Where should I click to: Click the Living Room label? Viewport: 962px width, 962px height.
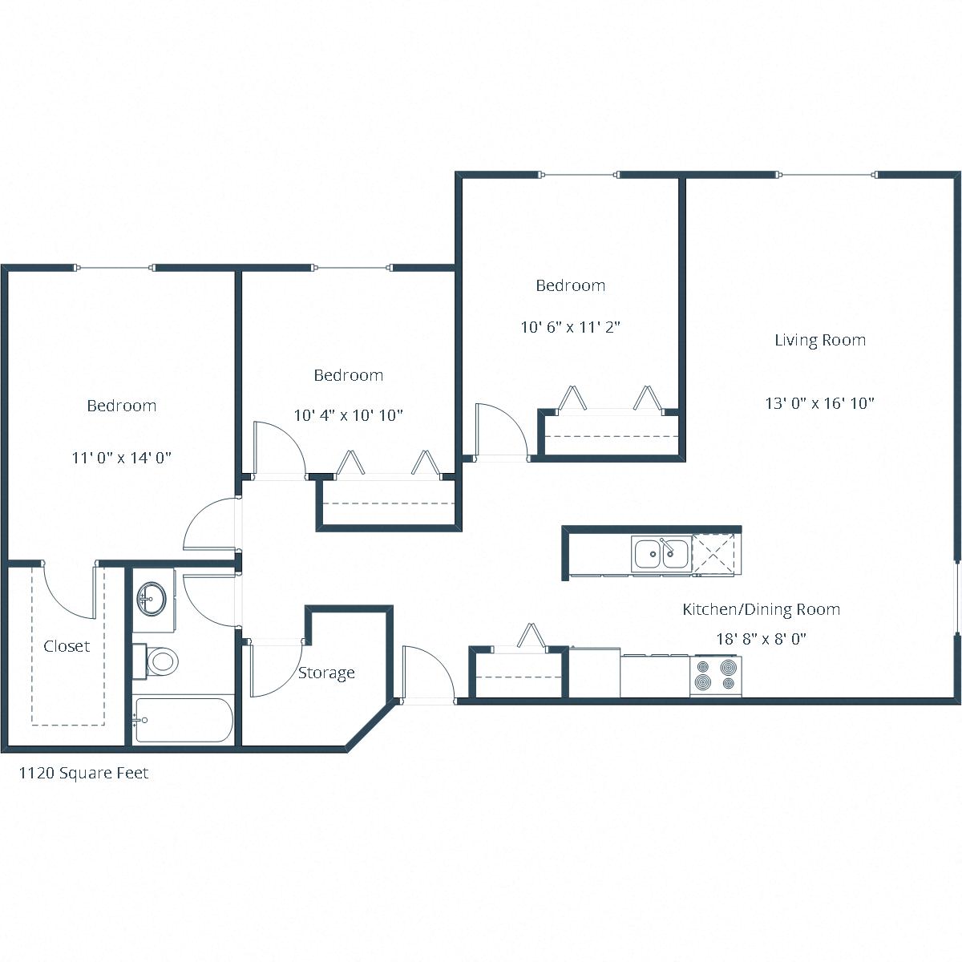(x=819, y=340)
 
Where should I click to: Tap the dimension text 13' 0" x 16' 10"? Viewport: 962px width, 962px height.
(x=819, y=403)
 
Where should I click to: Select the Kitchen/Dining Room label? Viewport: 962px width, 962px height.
(x=761, y=609)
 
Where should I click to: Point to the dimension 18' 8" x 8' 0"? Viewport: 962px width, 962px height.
(x=761, y=639)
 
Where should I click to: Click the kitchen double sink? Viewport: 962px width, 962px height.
(x=661, y=553)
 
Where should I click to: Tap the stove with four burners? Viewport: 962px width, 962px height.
(x=716, y=675)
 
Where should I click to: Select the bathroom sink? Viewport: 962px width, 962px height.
(x=151, y=596)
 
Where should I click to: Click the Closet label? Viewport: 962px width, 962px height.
(x=67, y=646)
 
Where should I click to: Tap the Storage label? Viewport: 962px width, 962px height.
(x=326, y=673)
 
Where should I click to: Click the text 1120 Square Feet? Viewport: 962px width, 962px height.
(x=83, y=774)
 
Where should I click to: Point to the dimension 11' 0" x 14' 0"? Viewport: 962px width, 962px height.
(x=122, y=458)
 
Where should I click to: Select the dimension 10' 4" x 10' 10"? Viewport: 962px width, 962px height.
(x=348, y=415)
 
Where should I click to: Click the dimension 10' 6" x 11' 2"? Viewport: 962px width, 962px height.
(x=571, y=327)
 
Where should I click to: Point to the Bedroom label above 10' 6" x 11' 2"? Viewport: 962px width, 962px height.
(x=570, y=285)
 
